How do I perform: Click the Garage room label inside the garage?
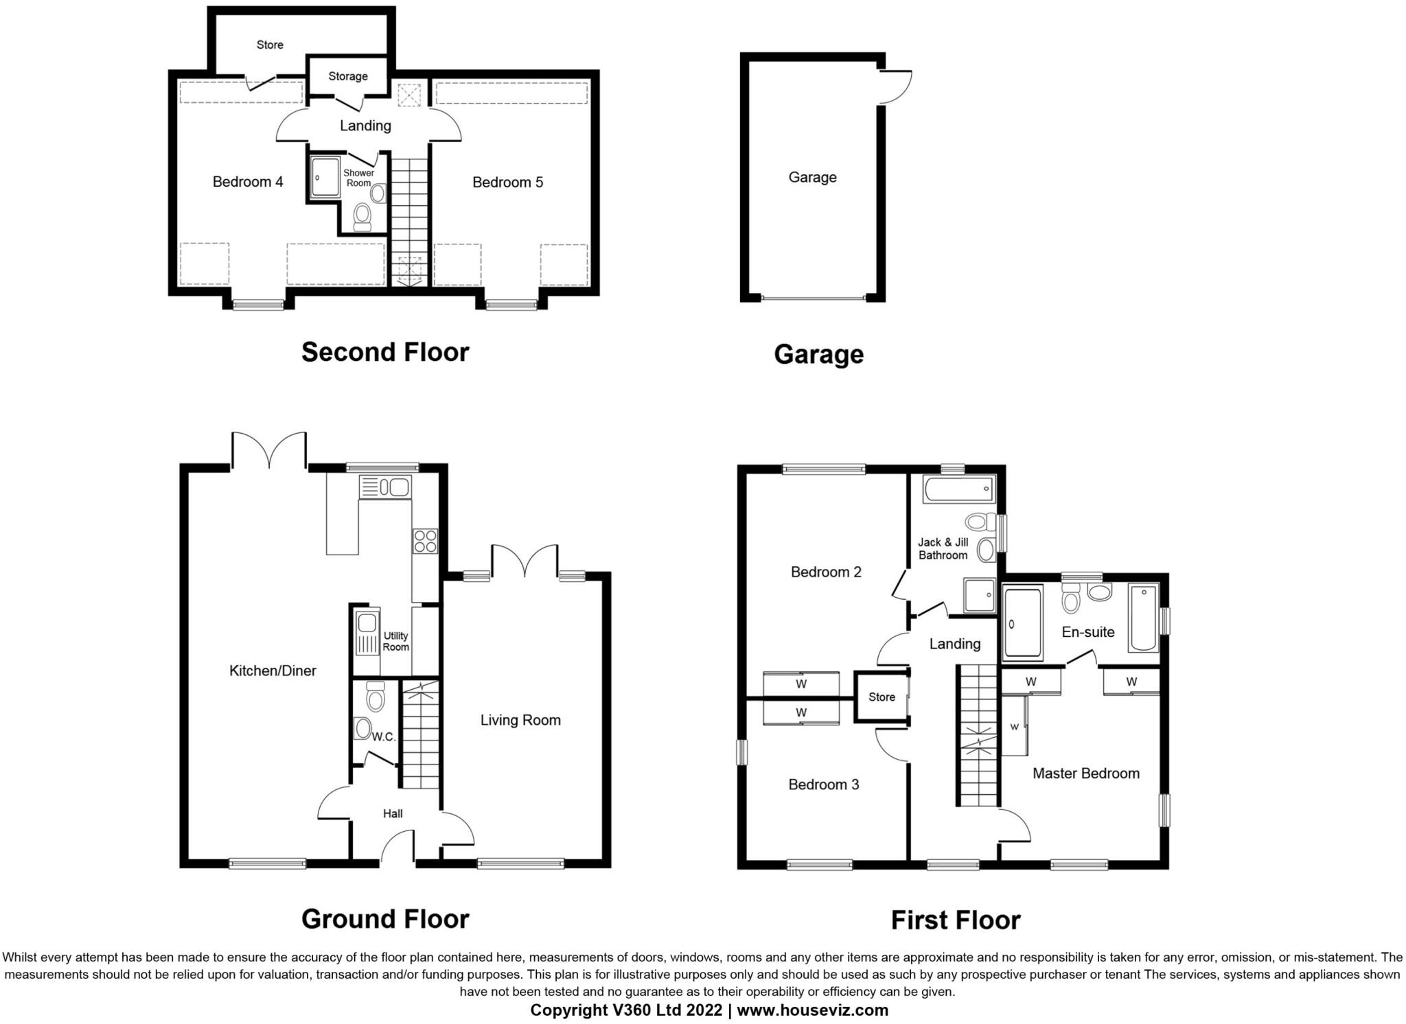(x=811, y=177)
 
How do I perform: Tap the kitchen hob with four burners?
(x=425, y=541)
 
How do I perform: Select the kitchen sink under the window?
(x=385, y=487)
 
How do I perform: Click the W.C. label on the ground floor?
(x=384, y=737)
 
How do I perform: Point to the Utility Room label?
(x=395, y=641)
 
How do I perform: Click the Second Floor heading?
(x=385, y=352)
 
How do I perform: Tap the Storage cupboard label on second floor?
(x=347, y=76)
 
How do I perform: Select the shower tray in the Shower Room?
(x=324, y=178)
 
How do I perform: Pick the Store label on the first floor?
(x=881, y=697)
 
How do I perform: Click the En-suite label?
(x=1087, y=632)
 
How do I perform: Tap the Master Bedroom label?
(x=1085, y=773)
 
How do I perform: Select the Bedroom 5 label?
(x=507, y=182)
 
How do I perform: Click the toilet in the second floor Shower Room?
(x=362, y=218)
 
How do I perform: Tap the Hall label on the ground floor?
(x=393, y=813)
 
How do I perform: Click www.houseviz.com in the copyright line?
(x=812, y=1010)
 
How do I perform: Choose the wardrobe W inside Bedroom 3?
(x=800, y=712)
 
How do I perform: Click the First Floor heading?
(x=955, y=920)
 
